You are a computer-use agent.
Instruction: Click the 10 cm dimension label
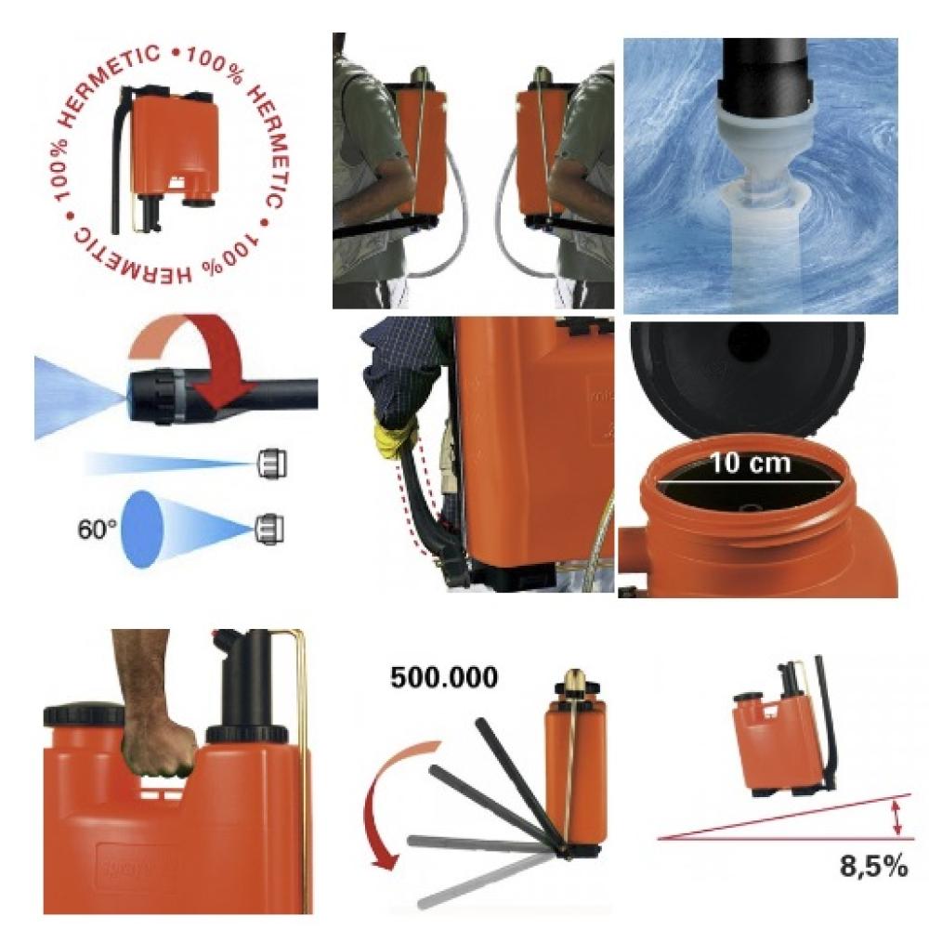coord(750,463)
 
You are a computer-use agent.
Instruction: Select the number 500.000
coord(444,677)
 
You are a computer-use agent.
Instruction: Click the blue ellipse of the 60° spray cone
coord(141,530)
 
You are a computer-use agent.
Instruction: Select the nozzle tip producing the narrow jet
coord(272,464)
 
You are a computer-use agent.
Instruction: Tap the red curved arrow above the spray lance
coord(204,356)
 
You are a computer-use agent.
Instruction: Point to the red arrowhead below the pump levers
coord(386,857)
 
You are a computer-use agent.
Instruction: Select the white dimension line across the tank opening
coord(750,481)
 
